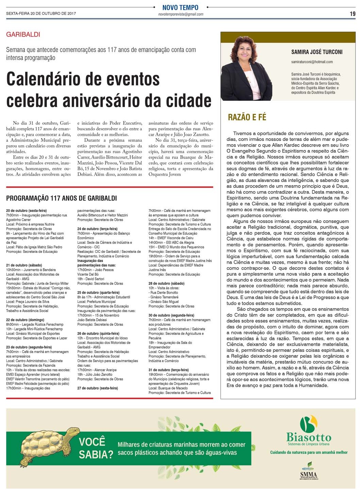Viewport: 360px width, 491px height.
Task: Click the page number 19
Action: click(352, 14)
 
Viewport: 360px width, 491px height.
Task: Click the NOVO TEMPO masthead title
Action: click(180, 7)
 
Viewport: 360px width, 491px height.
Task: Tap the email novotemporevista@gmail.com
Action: click(180, 14)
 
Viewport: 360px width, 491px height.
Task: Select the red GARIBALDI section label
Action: click(23, 34)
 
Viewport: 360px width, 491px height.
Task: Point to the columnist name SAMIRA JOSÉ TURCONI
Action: click(317, 52)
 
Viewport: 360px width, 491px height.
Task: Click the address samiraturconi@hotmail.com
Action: click(312, 62)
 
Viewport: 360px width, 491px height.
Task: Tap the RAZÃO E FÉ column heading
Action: click(247, 117)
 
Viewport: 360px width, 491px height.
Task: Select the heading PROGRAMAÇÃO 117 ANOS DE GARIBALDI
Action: click(61, 198)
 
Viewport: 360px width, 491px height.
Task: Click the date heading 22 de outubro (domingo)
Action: click(25, 320)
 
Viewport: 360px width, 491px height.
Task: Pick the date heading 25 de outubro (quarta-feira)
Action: click(98, 293)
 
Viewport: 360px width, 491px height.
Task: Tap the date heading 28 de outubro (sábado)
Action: click(166, 283)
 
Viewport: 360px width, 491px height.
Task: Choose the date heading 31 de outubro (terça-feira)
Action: click(168, 370)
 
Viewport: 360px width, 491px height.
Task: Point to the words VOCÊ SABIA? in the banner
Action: click(96, 448)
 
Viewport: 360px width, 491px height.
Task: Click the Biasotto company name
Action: click(309, 437)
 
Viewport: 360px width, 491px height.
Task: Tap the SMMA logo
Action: click(309, 471)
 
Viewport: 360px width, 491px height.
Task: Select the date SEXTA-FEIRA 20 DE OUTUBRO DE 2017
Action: click(41, 14)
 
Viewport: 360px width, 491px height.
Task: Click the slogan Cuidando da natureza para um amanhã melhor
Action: click(309, 452)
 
